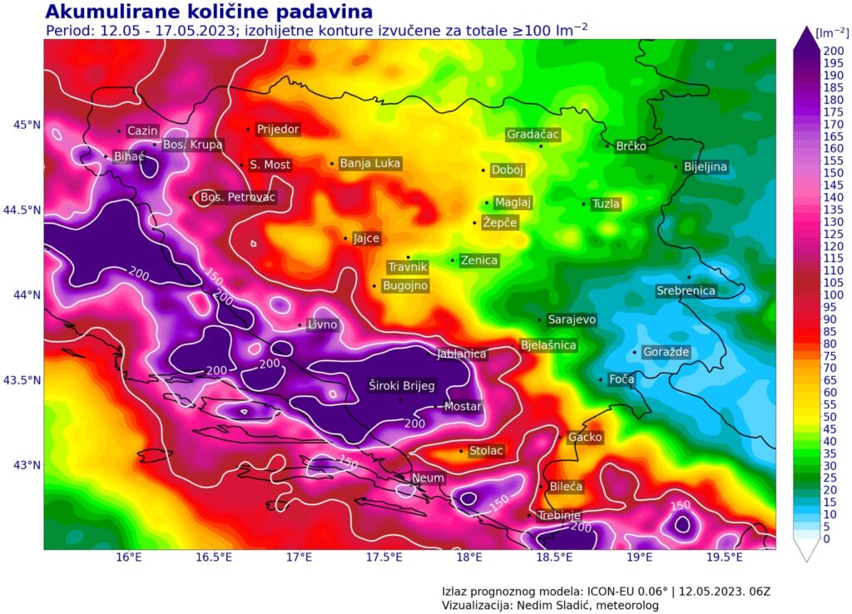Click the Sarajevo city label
[572, 319]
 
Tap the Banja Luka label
[370, 163]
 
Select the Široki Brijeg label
[402, 385]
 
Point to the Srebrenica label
[686, 290]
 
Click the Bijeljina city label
[705, 166]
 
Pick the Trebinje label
[558, 515]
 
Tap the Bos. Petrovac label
[238, 197]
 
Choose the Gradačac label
[533, 134]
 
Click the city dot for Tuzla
[584, 204]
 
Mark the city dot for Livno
[300, 325]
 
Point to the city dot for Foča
[601, 379]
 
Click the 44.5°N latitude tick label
[21, 210]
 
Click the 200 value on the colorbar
[833, 51]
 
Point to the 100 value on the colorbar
[833, 295]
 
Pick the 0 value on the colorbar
[826, 538]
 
